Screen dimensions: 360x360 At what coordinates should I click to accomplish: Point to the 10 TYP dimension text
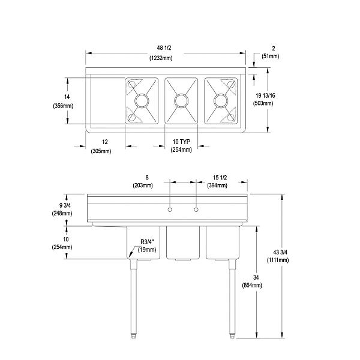181,142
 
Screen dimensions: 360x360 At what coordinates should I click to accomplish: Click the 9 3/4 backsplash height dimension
62,205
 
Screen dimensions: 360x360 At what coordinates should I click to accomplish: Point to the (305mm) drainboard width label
101,151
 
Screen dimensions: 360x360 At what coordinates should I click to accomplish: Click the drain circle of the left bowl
142,100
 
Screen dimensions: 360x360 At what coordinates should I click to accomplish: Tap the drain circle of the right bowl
221,100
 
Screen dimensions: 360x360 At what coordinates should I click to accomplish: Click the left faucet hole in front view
170,209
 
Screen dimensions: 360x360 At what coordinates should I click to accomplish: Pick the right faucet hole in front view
196,209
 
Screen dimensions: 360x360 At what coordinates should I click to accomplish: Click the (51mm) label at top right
269,56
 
